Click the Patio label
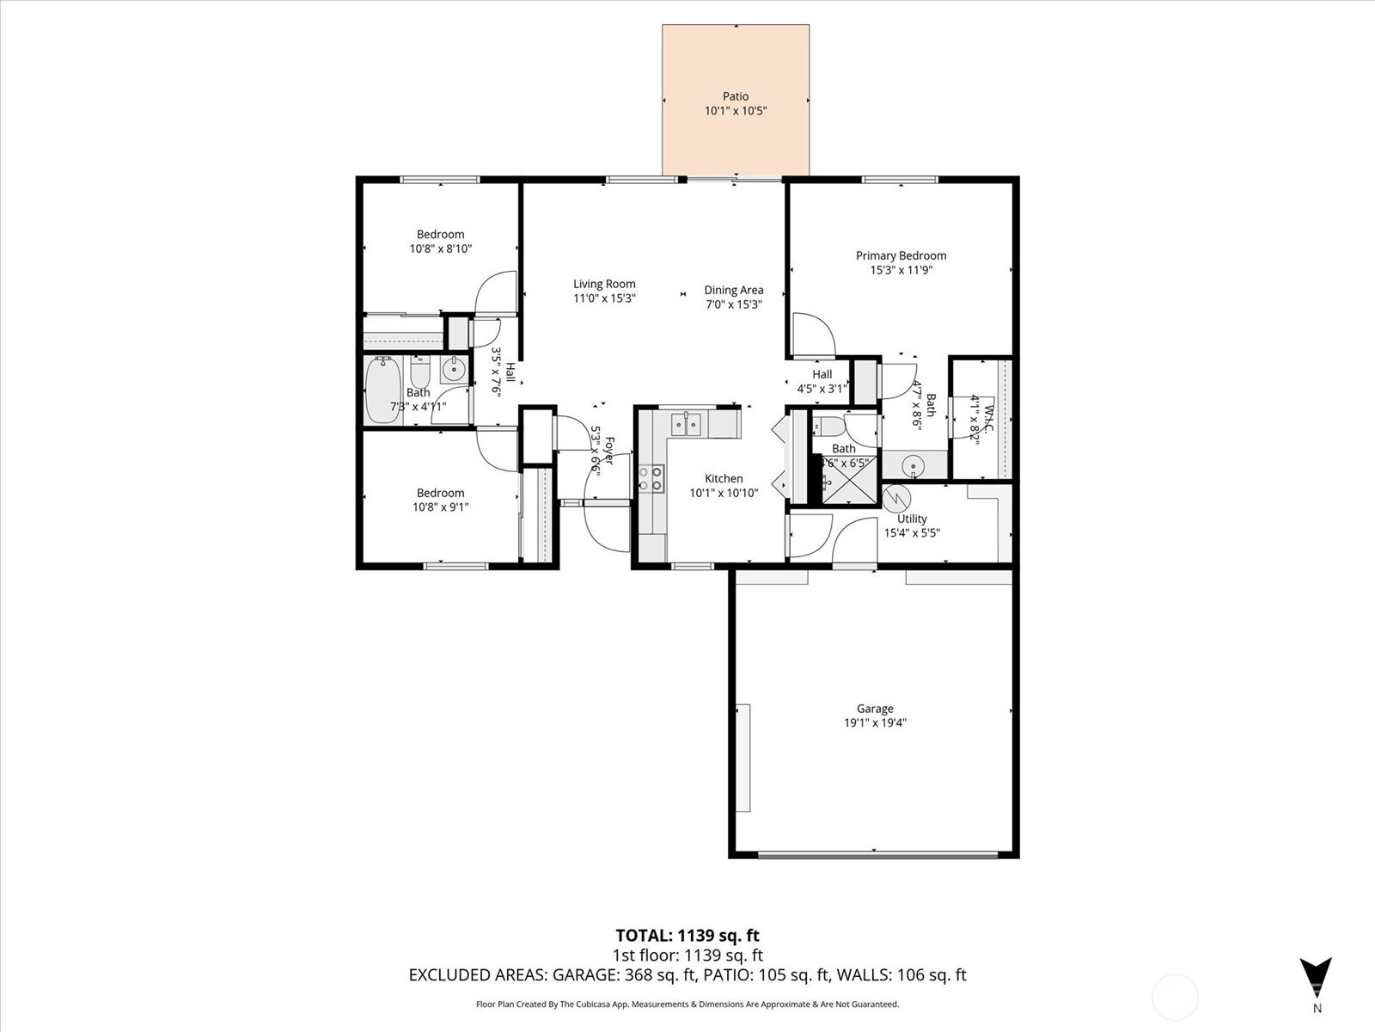735,96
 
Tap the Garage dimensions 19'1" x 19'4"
875,723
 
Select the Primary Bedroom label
901,255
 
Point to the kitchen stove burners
651,478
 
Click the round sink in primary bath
914,466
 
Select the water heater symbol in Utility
895,498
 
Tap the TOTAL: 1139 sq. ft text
687,936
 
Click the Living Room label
604,284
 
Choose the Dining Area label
733,290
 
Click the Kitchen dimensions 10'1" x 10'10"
724,494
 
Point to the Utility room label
912,519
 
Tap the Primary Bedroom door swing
811,335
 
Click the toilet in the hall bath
419,372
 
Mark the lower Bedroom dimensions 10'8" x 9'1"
440,507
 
